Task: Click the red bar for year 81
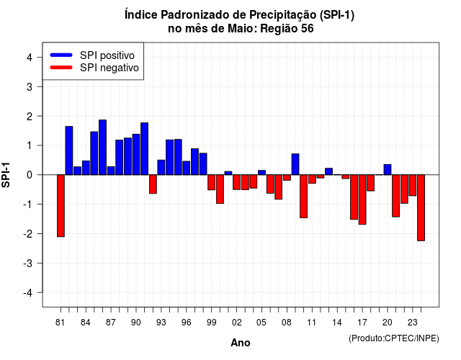61,206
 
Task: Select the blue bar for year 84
86,168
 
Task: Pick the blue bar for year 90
136,155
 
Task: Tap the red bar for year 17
362,199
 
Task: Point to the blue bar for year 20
388,170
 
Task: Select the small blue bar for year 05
261,173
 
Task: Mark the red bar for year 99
211,182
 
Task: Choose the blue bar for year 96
187,168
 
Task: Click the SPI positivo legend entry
92,55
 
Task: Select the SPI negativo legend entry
94,68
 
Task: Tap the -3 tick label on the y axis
28,264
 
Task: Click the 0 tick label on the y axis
30,175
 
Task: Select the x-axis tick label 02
237,323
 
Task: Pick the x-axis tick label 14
337,323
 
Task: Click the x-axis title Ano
241,343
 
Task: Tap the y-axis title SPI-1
6,175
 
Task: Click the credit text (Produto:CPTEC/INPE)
394,338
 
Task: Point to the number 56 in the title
308,29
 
